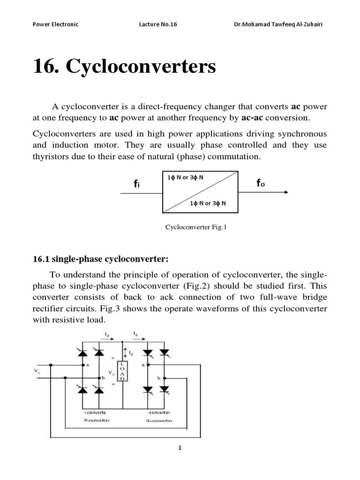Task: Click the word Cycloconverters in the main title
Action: [x=141, y=67]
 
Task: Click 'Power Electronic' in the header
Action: [x=55, y=25]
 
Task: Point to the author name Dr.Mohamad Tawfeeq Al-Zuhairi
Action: [x=278, y=25]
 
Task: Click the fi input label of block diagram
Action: [x=136, y=185]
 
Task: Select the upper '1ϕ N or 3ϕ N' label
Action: [x=186, y=177]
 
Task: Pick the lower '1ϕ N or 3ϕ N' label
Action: [x=208, y=203]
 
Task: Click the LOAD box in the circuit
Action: [x=123, y=365]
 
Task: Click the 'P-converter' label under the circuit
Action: [x=97, y=420]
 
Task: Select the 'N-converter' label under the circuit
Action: [x=159, y=420]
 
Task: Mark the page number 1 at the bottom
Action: [x=180, y=448]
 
